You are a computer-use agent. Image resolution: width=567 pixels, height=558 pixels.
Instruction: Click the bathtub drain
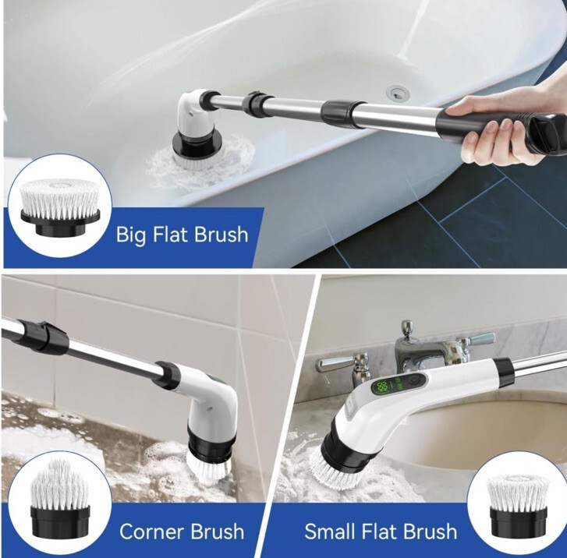click(398, 93)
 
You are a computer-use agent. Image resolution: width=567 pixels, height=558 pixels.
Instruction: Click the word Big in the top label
click(131, 235)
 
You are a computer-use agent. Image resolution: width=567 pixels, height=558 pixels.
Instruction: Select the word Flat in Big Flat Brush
click(169, 234)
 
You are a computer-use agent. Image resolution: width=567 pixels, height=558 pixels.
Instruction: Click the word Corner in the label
click(152, 532)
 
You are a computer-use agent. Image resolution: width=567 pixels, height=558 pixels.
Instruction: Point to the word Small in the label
click(331, 532)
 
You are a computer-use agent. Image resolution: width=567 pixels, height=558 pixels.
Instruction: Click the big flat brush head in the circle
click(60, 207)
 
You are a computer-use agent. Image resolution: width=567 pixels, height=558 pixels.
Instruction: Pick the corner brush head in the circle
click(60, 498)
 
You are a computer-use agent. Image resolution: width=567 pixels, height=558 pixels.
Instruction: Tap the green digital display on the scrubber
click(381, 387)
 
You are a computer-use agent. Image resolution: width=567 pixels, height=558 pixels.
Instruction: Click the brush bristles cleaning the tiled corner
click(209, 468)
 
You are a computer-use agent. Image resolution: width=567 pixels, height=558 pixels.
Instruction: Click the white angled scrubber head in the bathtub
click(194, 113)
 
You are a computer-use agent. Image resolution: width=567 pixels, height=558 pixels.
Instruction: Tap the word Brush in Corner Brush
click(218, 532)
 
